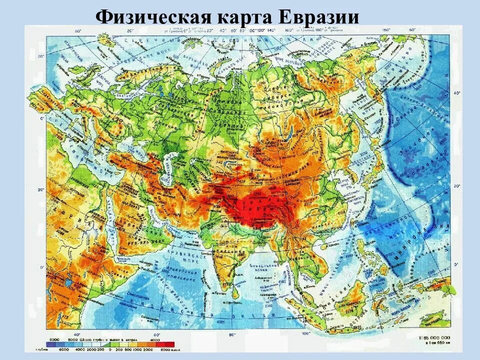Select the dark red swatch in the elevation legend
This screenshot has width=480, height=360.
pyautogui.click(x=168, y=344)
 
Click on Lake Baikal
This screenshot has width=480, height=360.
pyautogui.click(x=289, y=133)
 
